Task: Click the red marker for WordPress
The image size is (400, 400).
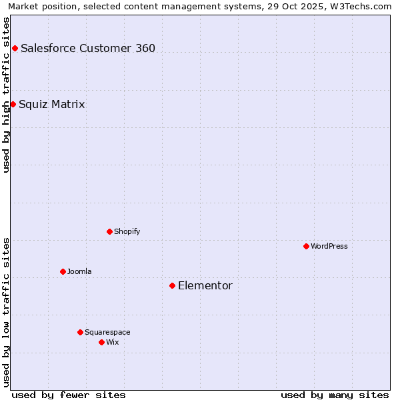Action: coord(306,246)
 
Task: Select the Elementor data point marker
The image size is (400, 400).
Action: coord(172,285)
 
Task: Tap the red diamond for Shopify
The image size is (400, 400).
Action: coord(109,231)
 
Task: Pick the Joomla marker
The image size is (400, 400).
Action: coord(63,271)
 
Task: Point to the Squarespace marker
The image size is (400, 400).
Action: coord(80,332)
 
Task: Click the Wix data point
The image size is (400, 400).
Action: coord(101,342)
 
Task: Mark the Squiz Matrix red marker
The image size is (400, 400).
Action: coord(13,104)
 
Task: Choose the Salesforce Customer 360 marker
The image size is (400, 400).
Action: coord(15,48)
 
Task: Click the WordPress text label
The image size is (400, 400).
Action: coord(329,246)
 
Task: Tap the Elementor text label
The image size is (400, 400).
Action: coord(205,286)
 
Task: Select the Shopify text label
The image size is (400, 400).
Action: coord(127,231)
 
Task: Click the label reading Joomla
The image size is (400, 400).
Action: coord(79,271)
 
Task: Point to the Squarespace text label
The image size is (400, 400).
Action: coord(107,332)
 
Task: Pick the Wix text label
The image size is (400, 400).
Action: coord(113,342)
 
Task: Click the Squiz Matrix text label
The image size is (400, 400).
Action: coord(52,105)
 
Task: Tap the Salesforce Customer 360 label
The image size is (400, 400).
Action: coord(88,48)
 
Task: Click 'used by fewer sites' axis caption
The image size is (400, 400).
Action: coord(69,395)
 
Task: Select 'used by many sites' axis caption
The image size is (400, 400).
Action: coord(335,395)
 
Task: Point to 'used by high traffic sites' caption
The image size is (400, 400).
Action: coord(6,94)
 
